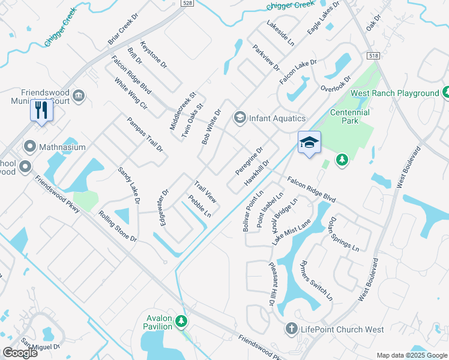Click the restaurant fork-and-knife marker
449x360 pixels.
(x=41, y=110)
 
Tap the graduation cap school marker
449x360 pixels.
(x=309, y=143)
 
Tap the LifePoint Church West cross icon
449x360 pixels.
(x=291, y=329)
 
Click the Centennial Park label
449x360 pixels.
(x=350, y=116)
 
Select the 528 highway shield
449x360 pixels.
(x=187, y=2)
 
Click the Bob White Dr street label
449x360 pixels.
(x=211, y=126)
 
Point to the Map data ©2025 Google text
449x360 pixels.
(x=412, y=355)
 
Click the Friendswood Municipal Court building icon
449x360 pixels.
(x=79, y=95)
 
